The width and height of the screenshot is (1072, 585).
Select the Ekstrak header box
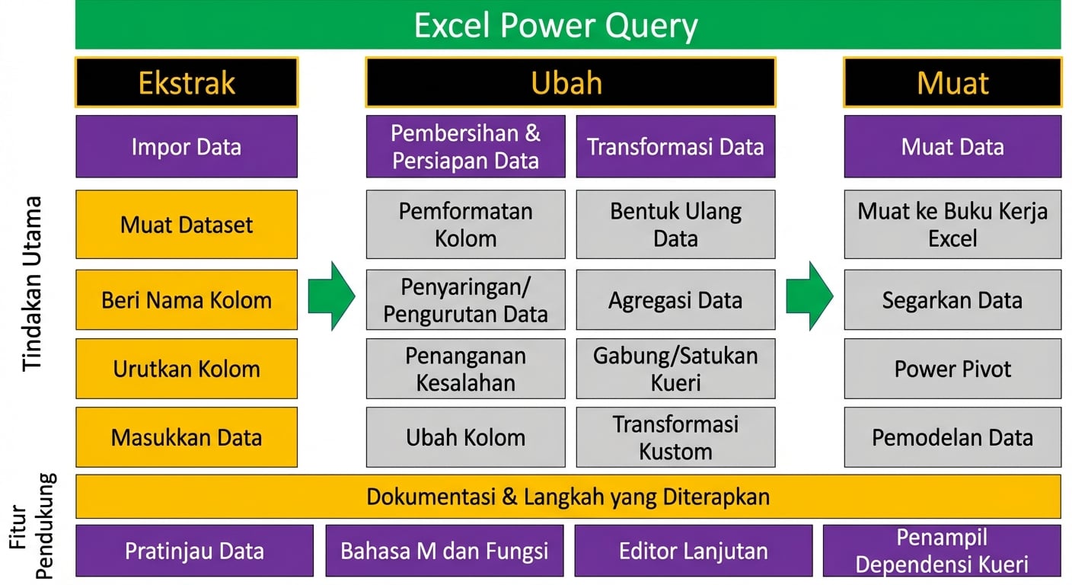pyautogui.click(x=187, y=82)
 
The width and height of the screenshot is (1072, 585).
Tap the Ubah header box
pyautogui.click(x=570, y=82)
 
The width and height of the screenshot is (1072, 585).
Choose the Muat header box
pyautogui.click(x=952, y=82)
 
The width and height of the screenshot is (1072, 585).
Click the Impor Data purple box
pyautogui.click(x=187, y=146)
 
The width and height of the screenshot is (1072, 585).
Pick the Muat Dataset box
pyautogui.click(x=187, y=225)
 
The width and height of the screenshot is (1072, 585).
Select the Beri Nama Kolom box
pyautogui.click(x=187, y=299)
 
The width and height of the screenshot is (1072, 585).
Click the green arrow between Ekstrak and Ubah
pyautogui.click(x=331, y=296)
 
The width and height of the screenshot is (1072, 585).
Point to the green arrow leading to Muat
pyautogui.click(x=809, y=296)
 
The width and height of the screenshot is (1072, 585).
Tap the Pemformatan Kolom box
pyautogui.click(x=465, y=225)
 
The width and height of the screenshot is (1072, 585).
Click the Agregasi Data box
pyautogui.click(x=675, y=299)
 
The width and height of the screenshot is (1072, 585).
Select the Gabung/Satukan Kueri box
pyautogui.click(x=675, y=369)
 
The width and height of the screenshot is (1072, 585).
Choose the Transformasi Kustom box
pyautogui.click(x=675, y=437)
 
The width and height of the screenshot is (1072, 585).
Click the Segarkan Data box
pyautogui.click(x=952, y=299)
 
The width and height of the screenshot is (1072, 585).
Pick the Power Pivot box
pyautogui.click(x=952, y=369)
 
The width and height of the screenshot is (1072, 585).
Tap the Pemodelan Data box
pyautogui.click(x=952, y=437)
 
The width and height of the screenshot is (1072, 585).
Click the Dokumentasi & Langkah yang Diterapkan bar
pyautogui.click(x=567, y=497)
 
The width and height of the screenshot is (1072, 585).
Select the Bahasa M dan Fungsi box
pyautogui.click(x=445, y=550)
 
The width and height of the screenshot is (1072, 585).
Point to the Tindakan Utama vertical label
pyautogui.click(x=32, y=283)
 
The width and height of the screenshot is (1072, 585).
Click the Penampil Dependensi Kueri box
pyautogui.click(x=941, y=550)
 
